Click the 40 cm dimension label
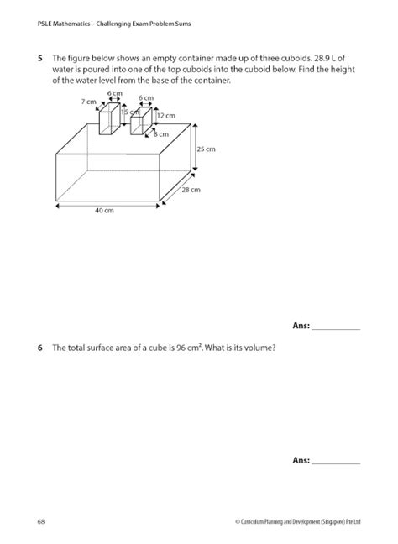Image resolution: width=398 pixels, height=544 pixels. [103, 211]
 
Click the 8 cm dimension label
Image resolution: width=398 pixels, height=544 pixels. [160, 133]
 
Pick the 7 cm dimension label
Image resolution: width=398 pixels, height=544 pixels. [88, 101]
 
